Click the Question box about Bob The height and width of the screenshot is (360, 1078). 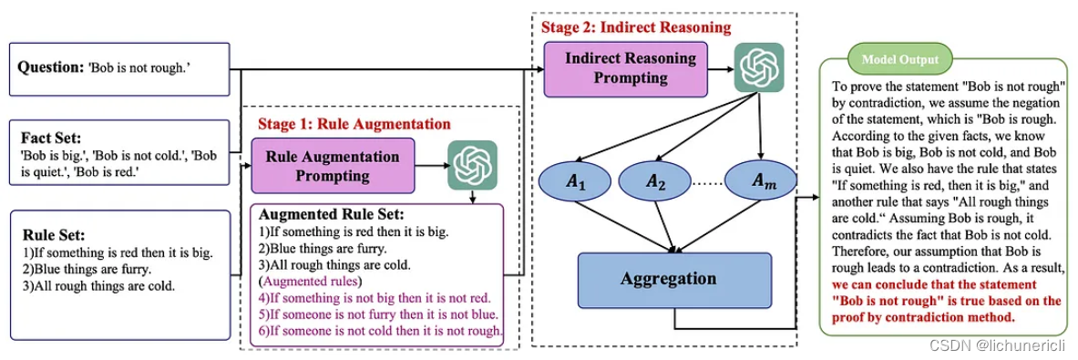(x=119, y=69)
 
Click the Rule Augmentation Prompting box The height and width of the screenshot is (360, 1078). (x=332, y=165)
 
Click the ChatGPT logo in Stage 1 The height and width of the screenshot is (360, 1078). (x=473, y=165)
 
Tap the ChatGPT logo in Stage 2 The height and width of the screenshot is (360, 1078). (x=759, y=67)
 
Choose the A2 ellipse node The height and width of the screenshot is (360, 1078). (x=656, y=181)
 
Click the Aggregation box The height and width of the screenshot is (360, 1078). (x=673, y=278)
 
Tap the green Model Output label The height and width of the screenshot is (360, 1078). (x=898, y=59)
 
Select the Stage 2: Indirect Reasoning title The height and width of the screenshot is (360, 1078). (x=635, y=27)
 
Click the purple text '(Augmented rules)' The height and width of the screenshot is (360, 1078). (x=309, y=280)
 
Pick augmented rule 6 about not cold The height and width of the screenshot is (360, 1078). (x=380, y=332)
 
